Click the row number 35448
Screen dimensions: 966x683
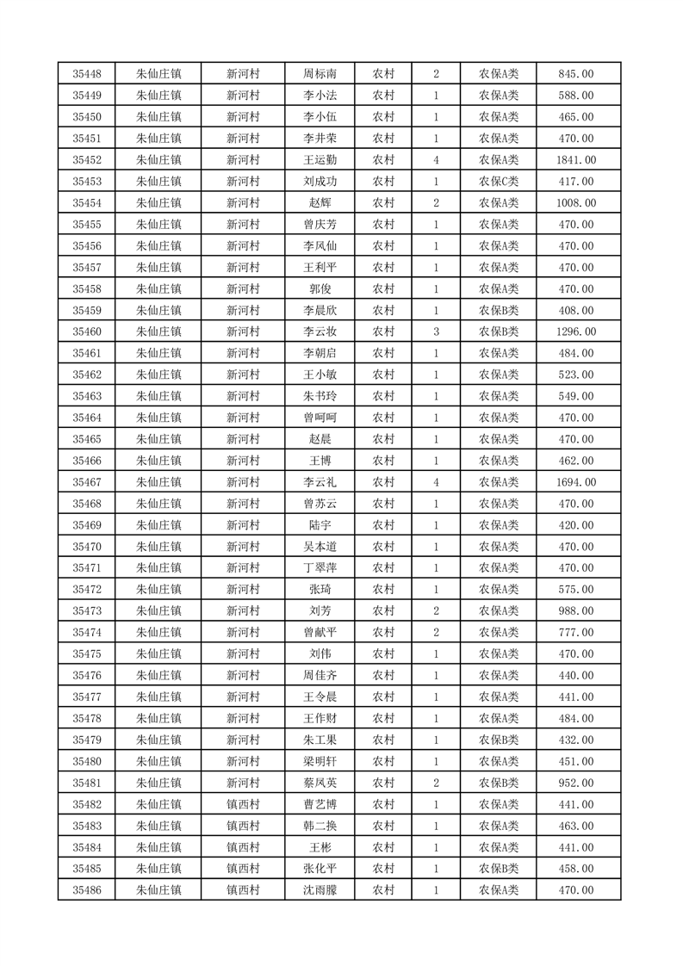pos(87,74)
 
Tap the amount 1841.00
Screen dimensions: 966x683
pos(576,160)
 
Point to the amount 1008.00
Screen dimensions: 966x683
pos(576,203)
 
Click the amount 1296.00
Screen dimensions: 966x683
pos(576,331)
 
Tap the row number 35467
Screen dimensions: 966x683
pos(87,482)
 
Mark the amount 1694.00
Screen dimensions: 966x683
pos(576,482)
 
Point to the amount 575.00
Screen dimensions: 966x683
pos(576,590)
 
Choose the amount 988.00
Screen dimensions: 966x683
pos(576,611)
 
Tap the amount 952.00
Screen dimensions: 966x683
pos(576,783)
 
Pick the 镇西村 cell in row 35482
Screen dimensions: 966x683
pos(243,804)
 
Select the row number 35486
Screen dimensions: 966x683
pos(87,890)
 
